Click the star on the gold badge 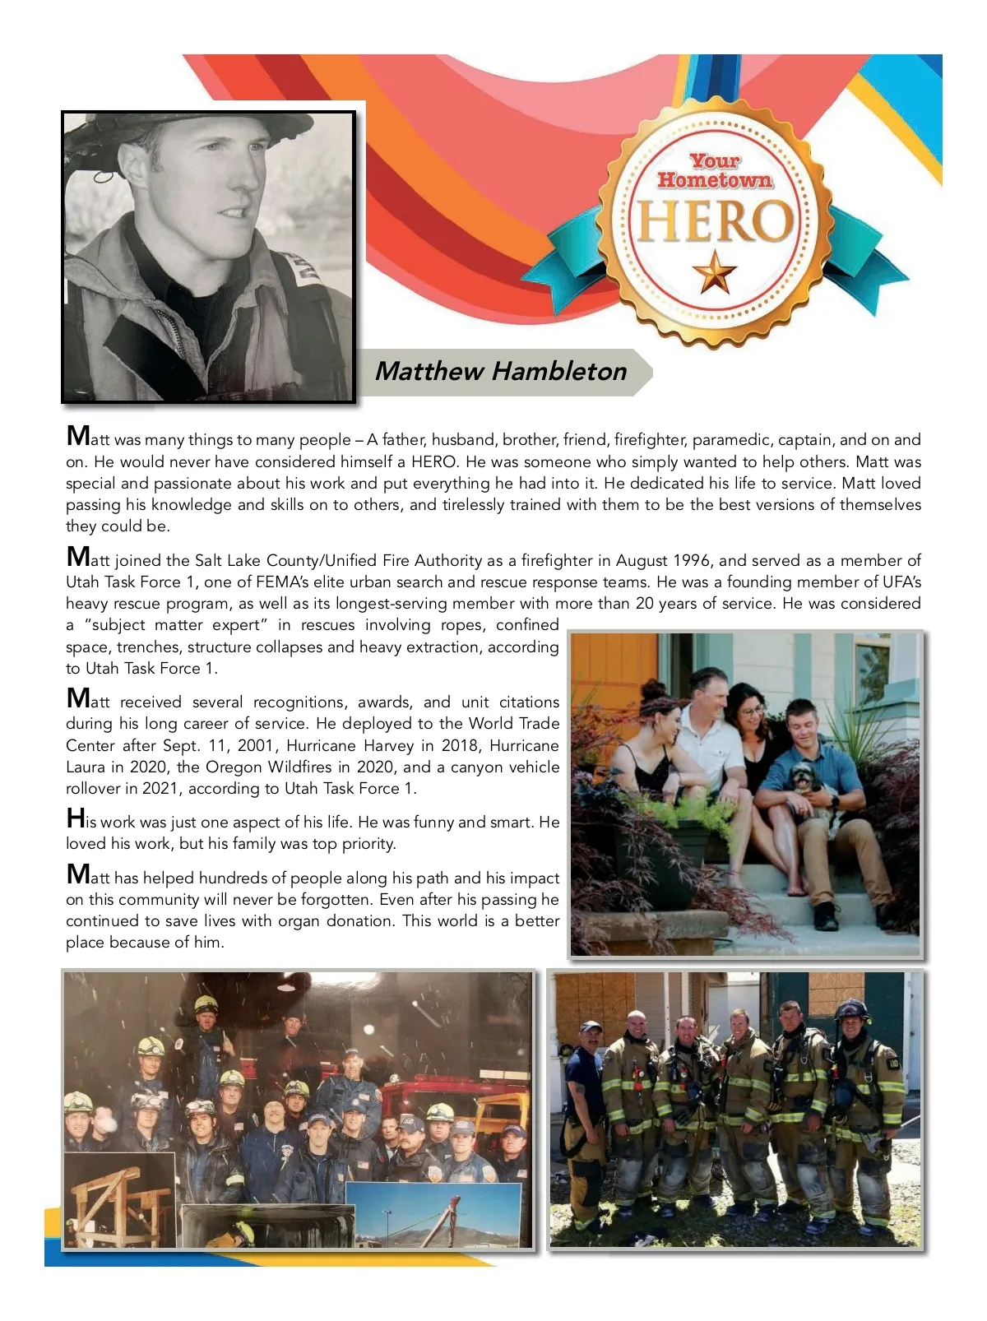(714, 272)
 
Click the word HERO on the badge (714, 221)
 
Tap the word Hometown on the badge (715, 180)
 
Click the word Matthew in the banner (429, 371)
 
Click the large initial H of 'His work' (76, 818)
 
